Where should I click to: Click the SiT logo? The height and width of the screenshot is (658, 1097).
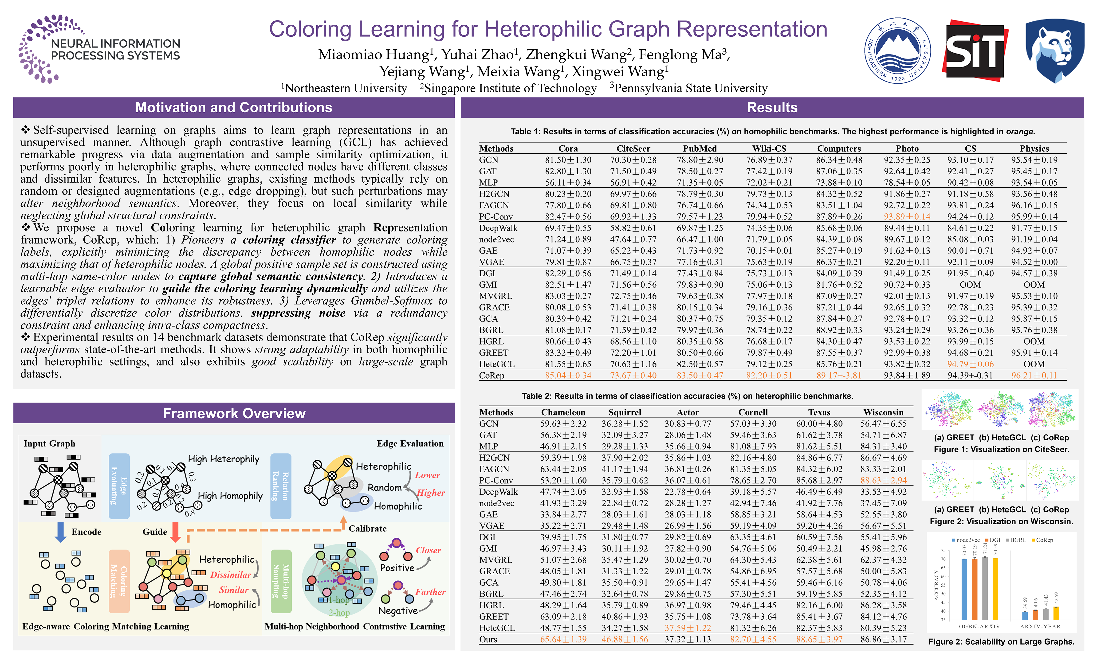975,50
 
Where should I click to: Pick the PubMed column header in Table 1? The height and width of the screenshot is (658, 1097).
700,149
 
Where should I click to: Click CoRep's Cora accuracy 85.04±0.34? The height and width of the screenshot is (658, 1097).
568,376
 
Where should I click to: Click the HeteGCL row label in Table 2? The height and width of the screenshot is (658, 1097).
497,628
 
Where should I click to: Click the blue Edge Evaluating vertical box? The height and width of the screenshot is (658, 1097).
119,486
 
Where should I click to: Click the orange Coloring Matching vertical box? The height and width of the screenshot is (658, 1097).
119,581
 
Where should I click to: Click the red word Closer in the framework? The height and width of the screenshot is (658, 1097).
428,550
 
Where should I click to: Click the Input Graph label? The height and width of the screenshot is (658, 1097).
50,443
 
